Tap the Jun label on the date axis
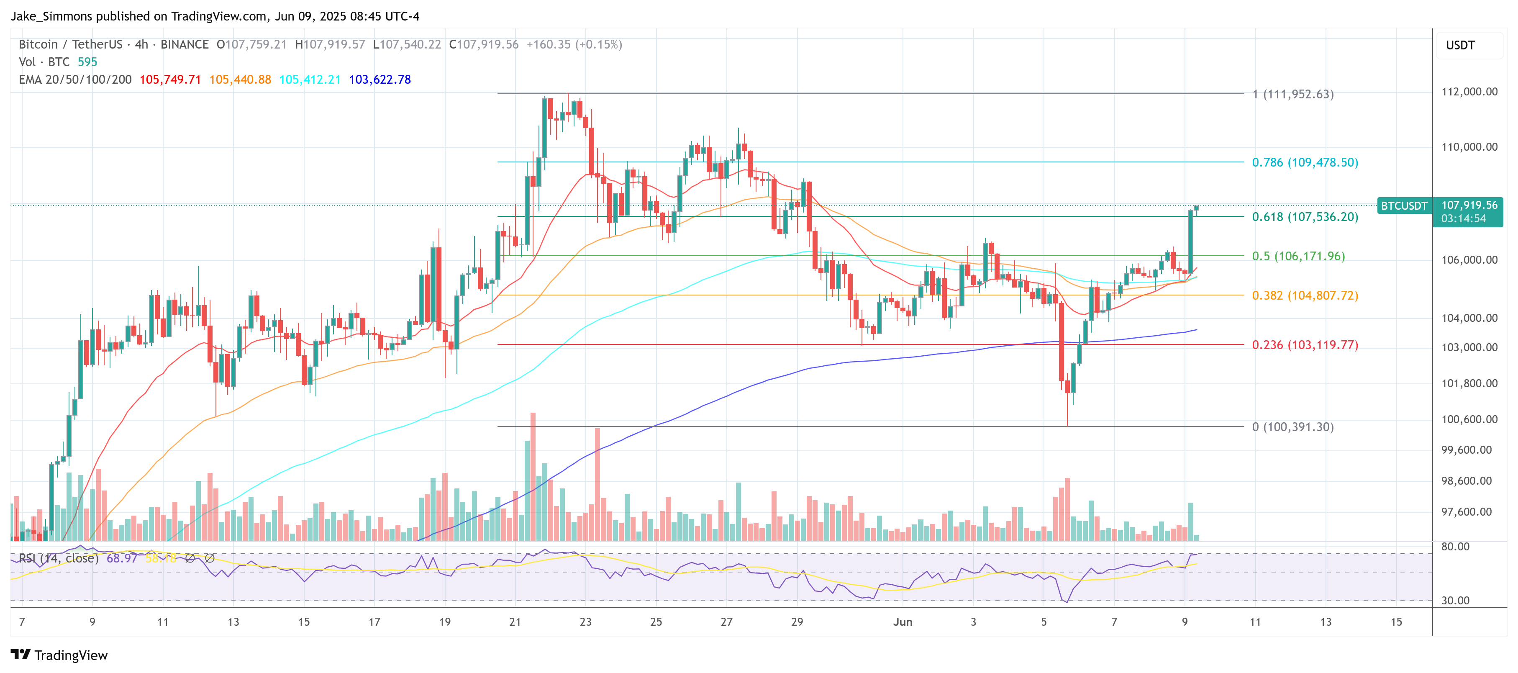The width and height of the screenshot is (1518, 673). click(x=902, y=622)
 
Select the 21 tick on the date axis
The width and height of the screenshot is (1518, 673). click(x=515, y=622)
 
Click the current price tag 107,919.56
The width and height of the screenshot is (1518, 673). click(x=1469, y=205)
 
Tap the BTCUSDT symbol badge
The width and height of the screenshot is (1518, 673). click(x=1404, y=205)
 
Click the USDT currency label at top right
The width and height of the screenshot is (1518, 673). click(x=1460, y=45)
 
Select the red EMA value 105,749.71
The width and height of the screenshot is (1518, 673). click(x=170, y=80)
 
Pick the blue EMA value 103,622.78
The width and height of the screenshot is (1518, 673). click(x=379, y=80)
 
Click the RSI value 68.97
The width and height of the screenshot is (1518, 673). click(x=121, y=558)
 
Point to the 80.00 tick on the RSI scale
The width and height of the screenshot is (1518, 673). click(x=1455, y=546)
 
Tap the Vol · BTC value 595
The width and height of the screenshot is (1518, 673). click(x=87, y=62)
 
